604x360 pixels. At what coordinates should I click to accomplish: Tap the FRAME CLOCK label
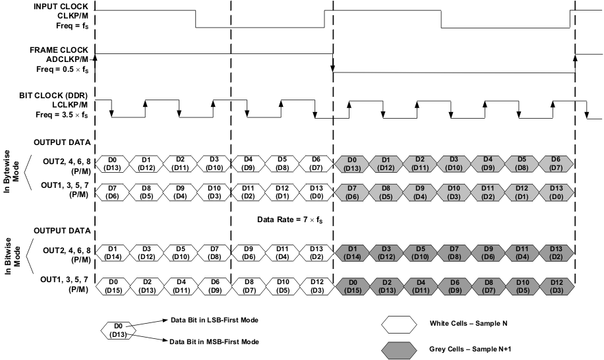[60, 49]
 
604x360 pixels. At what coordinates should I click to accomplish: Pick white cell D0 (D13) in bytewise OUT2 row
[113, 164]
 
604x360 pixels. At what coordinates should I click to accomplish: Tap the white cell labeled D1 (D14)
[113, 252]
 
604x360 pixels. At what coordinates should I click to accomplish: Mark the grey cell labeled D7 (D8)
[453, 252]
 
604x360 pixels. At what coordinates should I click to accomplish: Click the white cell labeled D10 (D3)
[214, 193]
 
